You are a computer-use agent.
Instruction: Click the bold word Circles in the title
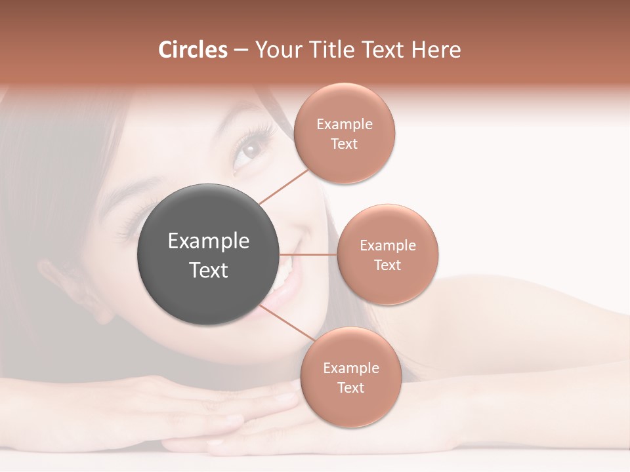[x=193, y=50]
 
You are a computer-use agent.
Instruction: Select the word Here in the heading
[x=436, y=50]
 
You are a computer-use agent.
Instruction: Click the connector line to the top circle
[x=283, y=186]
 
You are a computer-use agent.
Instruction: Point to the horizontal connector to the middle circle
[x=308, y=254]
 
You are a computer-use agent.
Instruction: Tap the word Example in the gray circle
[x=209, y=241]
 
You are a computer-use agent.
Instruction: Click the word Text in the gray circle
[x=209, y=270]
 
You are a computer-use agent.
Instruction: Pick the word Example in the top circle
[x=345, y=125]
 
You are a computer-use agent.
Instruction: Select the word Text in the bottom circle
[x=350, y=387]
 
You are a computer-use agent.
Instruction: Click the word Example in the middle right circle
[x=388, y=246]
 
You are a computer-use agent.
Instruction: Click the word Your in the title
[x=275, y=50]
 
